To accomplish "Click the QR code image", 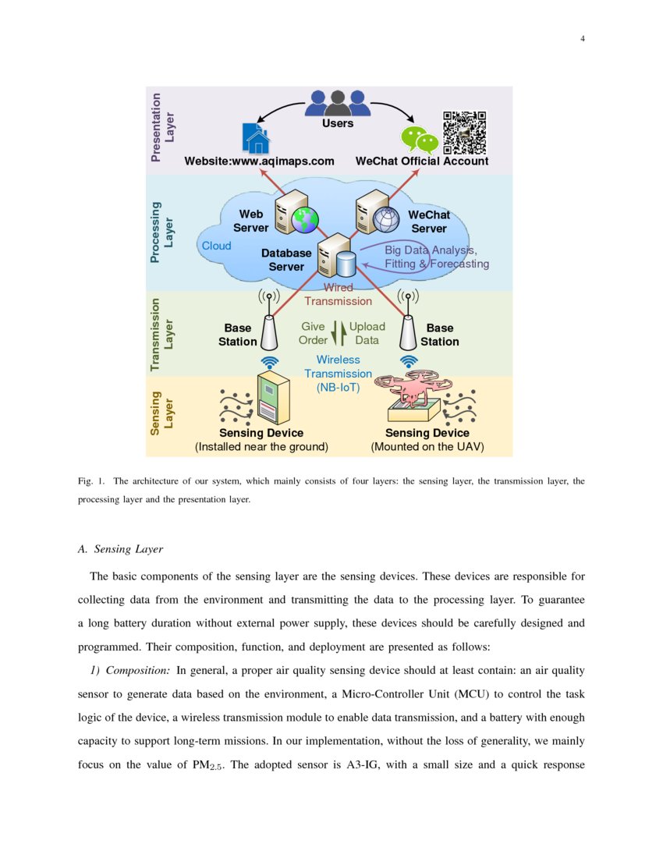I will click(x=464, y=133).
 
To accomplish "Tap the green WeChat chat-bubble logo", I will click(x=420, y=140).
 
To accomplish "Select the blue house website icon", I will click(x=255, y=139).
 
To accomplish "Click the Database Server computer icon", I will click(x=336, y=256).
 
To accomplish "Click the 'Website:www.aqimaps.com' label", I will click(x=259, y=161).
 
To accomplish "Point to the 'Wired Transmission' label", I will click(x=338, y=294).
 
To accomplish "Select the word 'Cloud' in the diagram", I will click(x=217, y=246).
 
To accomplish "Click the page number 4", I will click(x=582, y=40).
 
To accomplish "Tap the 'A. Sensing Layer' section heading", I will click(x=120, y=549).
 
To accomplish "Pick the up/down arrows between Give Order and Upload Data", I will click(x=338, y=333).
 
